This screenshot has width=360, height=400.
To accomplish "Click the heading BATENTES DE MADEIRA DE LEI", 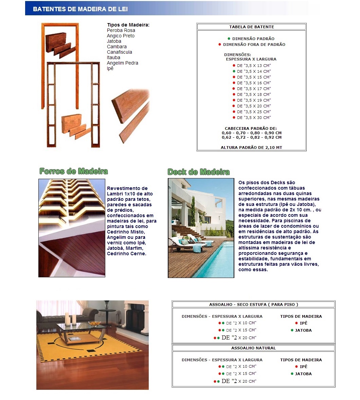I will tap(80, 9).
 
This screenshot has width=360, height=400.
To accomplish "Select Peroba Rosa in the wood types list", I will tap(121, 30).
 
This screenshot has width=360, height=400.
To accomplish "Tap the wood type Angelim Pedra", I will tap(122, 63).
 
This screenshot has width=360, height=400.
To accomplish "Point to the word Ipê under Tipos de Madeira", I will tap(110, 68).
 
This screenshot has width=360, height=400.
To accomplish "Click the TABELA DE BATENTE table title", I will tap(251, 27).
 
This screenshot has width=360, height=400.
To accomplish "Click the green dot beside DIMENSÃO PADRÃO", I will tap(229, 39).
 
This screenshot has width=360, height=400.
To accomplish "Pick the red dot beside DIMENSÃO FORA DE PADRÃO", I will tap(220, 45).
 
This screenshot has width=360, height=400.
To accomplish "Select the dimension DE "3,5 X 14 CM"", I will tap(254, 71).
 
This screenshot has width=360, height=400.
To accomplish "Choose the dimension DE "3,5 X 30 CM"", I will tap(254, 118).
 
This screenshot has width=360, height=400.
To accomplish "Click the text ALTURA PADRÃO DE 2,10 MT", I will tap(251, 147).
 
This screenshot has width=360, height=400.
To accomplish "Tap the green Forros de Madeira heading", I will tap(74, 171).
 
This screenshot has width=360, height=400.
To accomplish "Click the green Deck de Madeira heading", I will tap(199, 172).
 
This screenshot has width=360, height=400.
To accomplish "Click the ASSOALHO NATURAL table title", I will tap(253, 348).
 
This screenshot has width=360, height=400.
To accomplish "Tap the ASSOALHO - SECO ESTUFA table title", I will tap(253, 305).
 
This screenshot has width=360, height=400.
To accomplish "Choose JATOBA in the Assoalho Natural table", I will tap(303, 374).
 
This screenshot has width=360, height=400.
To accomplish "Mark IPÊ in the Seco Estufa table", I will tap(303, 323).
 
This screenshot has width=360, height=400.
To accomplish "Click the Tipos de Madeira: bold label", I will tap(128, 25).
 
